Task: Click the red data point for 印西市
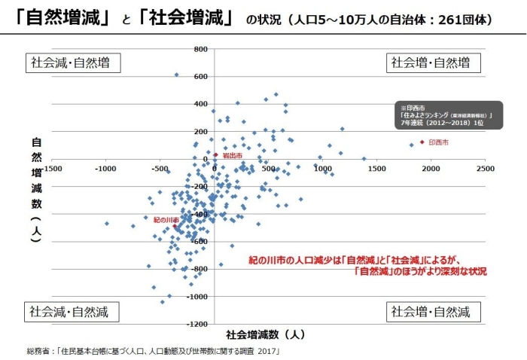[422, 142]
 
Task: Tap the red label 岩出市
[233, 155]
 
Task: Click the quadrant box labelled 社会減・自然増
[73, 63]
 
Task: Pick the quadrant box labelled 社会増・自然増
[433, 63]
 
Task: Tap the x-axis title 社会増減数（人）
[265, 334]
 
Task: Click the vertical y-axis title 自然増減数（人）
[35, 188]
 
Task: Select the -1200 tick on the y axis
[197, 324]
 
